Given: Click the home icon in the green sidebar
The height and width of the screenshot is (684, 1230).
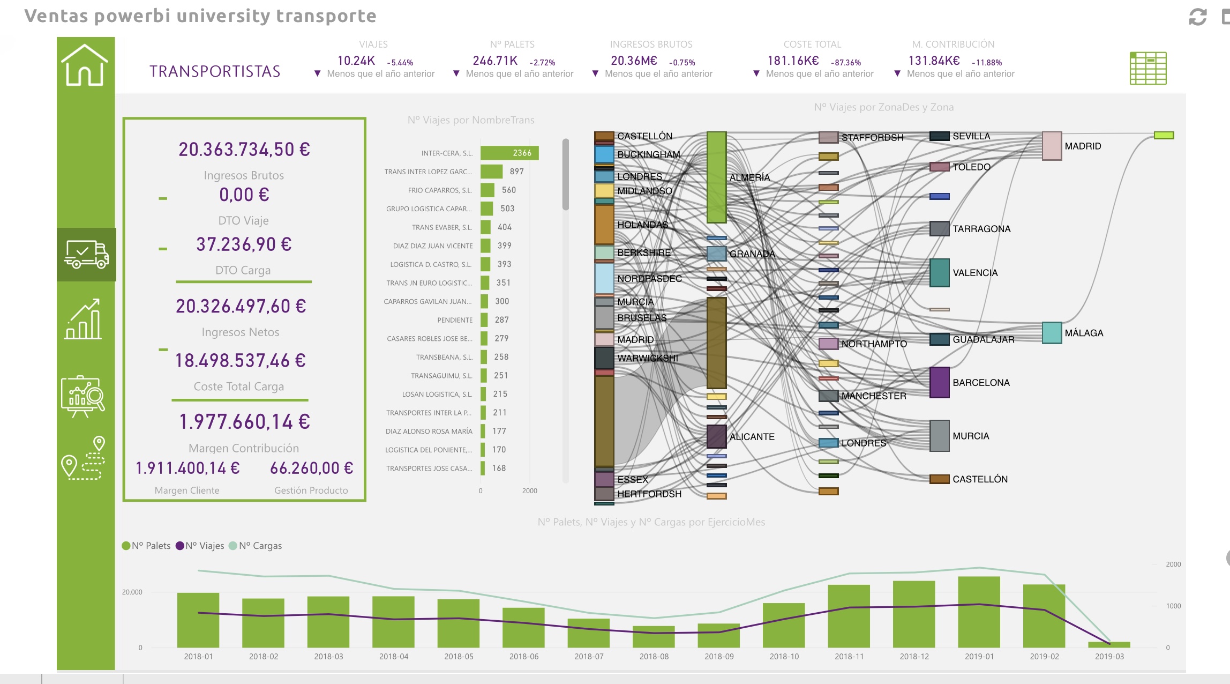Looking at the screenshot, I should coord(85,65).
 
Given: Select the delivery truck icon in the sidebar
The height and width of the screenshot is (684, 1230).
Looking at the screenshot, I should coord(86,255).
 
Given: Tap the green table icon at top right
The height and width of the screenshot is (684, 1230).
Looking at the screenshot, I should coord(1147,68).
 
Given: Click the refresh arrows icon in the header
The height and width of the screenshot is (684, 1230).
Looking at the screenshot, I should coord(1197,17).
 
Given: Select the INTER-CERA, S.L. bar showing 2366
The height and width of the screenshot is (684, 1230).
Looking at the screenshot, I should coord(509,153).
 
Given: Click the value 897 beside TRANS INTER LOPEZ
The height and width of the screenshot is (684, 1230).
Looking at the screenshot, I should coord(516,172).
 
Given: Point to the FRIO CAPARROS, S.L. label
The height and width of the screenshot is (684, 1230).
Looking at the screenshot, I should coord(439,190).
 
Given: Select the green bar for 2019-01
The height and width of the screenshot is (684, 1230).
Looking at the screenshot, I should coord(979,611).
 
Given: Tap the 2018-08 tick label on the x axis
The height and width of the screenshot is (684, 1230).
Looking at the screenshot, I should coord(654,657).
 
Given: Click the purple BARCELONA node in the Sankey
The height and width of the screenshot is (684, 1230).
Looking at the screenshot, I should coord(939,382).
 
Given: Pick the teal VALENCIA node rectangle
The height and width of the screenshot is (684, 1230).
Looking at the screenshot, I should coord(939,273).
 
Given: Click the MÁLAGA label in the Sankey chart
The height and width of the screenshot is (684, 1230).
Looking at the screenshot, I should coord(1084,333).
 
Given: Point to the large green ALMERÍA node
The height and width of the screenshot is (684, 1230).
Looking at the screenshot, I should coord(716,177).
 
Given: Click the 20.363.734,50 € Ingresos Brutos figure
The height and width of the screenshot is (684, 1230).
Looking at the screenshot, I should coord(244,150).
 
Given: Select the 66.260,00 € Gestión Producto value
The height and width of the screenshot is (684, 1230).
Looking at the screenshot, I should coord(311,469).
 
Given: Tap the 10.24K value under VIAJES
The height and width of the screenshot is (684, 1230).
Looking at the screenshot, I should coord(356,61).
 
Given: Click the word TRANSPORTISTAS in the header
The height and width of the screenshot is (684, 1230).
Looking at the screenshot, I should coord(215,71).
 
